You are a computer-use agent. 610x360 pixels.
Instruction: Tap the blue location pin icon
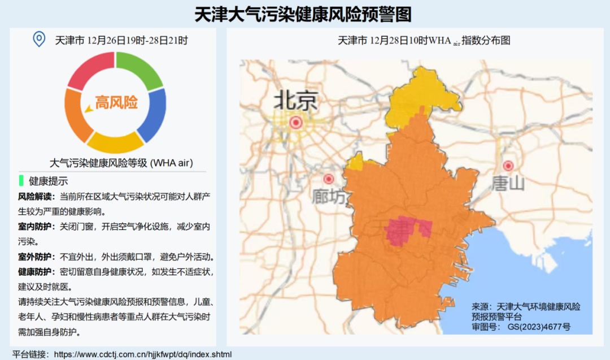coord(38,40)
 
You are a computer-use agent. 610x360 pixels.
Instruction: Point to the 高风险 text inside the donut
coord(116,103)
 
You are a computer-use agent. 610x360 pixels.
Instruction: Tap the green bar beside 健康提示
coord(21,181)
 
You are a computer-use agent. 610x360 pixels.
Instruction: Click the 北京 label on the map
coord(295,101)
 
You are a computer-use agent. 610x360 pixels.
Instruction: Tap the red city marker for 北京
coord(295,122)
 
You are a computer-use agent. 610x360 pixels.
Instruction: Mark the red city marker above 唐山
coord(508,166)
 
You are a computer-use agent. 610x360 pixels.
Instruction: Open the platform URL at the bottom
coord(142,354)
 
